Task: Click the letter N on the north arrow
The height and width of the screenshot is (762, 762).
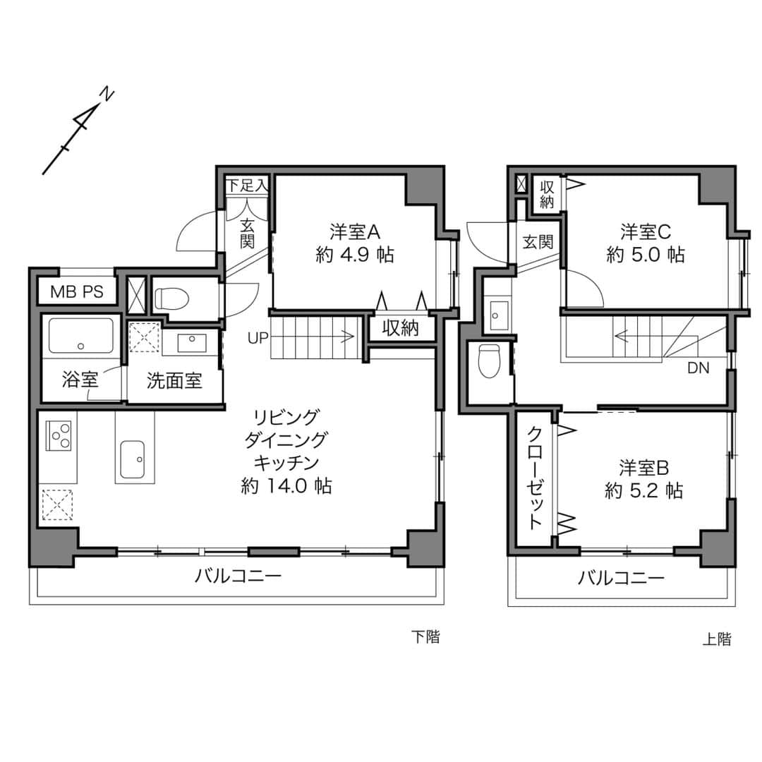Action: tap(107, 94)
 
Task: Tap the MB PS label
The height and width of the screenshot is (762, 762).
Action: tap(78, 291)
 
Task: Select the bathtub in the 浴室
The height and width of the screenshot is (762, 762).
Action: tap(80, 335)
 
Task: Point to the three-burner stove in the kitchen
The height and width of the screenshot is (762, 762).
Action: tap(59, 436)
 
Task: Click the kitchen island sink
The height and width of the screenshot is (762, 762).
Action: tap(132, 459)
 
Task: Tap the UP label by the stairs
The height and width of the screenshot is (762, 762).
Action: tap(258, 338)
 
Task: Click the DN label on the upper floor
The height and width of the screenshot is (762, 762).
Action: tap(698, 368)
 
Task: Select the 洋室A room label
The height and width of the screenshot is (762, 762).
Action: tap(355, 232)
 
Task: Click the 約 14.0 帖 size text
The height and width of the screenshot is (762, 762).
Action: tap(286, 485)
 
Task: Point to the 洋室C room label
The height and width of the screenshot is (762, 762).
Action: tap(646, 232)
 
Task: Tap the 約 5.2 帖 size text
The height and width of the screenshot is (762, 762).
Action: tap(644, 491)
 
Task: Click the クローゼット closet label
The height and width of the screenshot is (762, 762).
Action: tap(535, 478)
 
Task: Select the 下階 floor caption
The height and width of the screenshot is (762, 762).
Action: tap(425, 636)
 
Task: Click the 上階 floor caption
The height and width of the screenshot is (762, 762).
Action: tap(717, 639)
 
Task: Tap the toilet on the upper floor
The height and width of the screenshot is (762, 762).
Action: tap(489, 361)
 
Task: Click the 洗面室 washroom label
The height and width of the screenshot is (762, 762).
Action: tap(174, 381)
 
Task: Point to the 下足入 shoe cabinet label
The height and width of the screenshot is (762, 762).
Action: tap(248, 185)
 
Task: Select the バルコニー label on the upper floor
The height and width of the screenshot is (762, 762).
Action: tap(621, 578)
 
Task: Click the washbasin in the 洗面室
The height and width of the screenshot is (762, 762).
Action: tap(190, 342)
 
